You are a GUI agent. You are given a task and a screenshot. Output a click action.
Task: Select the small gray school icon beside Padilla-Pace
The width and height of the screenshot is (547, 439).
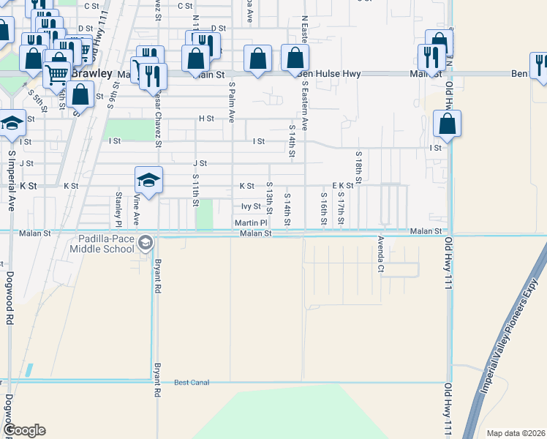click(x=145, y=242)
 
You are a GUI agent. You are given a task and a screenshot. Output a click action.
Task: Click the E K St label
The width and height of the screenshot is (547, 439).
click(x=343, y=186)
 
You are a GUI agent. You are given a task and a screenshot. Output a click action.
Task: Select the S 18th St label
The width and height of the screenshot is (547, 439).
click(x=359, y=168)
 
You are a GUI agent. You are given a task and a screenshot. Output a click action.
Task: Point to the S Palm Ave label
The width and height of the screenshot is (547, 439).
click(x=231, y=102)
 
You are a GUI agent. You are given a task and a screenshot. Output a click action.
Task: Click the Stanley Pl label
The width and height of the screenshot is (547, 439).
click(x=118, y=207)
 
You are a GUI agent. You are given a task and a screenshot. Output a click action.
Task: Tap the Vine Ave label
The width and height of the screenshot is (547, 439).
click(x=136, y=210)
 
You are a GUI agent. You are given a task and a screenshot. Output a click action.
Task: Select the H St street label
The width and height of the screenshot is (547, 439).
click(x=206, y=118)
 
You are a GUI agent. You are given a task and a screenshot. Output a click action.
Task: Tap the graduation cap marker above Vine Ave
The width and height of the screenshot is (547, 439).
click(x=148, y=181)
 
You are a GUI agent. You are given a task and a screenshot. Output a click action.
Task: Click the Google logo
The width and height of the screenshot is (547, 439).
click(x=24, y=430)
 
